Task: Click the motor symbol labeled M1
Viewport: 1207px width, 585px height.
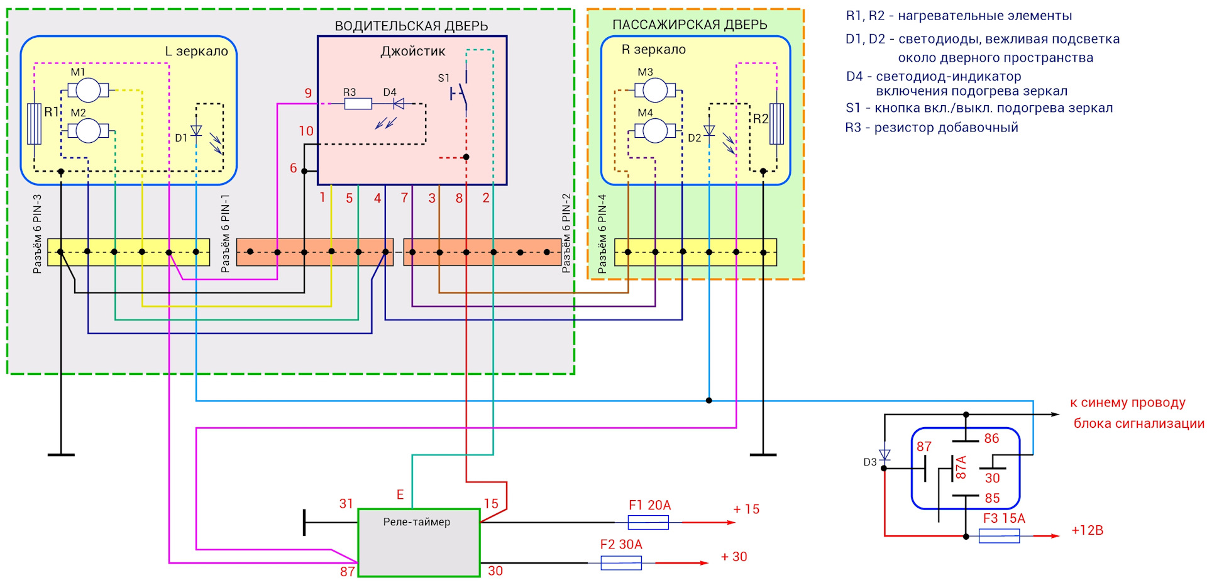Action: [x=88, y=91]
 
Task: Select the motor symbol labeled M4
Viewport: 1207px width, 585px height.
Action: [x=654, y=131]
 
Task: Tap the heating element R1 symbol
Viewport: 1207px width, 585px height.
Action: [x=35, y=124]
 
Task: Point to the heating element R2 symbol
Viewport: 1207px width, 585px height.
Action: [x=777, y=124]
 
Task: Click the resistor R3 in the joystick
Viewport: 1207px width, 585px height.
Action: [x=358, y=104]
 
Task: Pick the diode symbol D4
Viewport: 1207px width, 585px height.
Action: [x=398, y=104]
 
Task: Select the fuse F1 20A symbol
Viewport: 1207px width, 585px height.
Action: [x=648, y=522]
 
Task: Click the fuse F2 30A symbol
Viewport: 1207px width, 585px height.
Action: [x=621, y=562]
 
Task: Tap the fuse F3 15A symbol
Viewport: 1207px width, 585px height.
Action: [x=999, y=536]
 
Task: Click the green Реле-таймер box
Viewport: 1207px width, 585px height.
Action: [x=419, y=543]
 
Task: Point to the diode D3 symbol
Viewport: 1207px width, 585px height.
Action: [x=885, y=454]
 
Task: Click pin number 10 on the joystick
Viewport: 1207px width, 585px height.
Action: [x=306, y=131]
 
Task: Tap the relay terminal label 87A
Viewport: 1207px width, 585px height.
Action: [x=961, y=468]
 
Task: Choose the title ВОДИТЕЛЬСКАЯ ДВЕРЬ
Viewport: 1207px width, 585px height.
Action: [x=411, y=26]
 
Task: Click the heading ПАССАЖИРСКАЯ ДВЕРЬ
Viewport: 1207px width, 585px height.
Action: [x=690, y=25]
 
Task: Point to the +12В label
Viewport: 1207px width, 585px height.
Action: [x=1088, y=530]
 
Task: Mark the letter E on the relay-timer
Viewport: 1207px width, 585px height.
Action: [x=400, y=495]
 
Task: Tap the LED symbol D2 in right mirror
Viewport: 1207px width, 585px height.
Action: [x=709, y=131]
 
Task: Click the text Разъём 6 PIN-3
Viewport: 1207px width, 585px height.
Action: [x=37, y=234]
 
